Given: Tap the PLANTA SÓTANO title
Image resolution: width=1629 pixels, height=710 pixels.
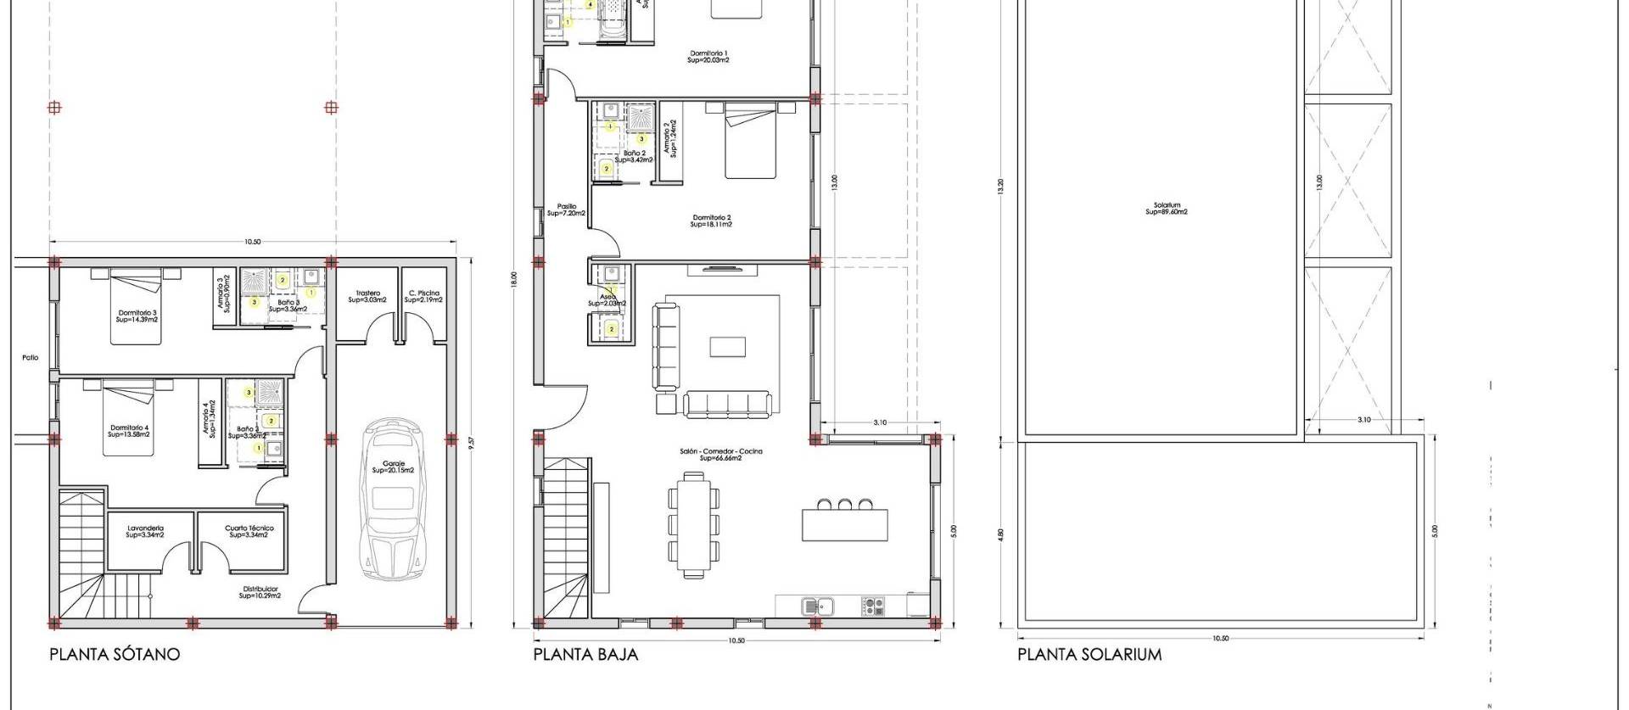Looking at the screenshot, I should pos(115,654).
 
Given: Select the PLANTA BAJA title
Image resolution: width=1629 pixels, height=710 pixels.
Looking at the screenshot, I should pos(585,654).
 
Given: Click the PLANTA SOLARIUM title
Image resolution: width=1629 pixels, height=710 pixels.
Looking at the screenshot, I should pos(1089,654).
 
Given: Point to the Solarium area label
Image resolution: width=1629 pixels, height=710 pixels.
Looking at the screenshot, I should pos(1167,209).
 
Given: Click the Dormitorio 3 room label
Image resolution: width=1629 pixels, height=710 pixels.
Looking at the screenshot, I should pos(137,316).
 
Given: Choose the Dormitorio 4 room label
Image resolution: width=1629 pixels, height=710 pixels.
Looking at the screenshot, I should pos(129,431).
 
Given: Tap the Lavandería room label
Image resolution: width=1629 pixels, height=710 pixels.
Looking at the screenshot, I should pos(145,531).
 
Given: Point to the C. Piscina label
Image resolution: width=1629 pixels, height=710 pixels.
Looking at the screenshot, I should pos(423,296).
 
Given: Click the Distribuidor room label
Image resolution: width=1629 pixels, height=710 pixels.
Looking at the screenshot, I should pos(260,592).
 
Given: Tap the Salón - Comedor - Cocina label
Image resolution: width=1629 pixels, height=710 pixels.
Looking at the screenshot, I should pos(720,454).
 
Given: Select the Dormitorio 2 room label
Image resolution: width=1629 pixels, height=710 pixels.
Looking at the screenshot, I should pos(711,221).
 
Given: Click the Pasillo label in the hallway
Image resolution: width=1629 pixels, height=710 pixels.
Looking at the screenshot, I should pos(566,210).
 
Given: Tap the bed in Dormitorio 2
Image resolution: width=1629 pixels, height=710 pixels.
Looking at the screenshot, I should pos(751,141).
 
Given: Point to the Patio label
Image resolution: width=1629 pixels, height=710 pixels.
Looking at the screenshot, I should pos(31,358).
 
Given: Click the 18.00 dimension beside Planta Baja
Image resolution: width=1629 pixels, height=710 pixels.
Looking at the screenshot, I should pos(514,279).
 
